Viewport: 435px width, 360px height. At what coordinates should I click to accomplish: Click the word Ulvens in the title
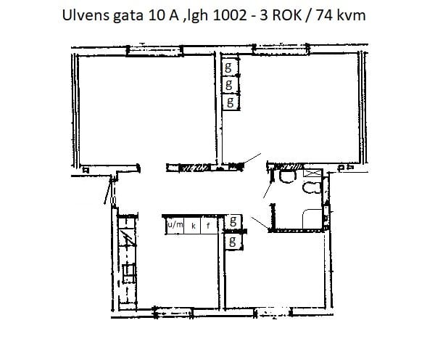86,15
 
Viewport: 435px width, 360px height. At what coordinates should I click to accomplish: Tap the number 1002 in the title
230,15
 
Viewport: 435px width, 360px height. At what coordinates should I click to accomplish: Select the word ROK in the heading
287,15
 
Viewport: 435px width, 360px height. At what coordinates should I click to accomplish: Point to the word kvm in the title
351,15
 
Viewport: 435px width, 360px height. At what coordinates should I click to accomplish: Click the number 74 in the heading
324,15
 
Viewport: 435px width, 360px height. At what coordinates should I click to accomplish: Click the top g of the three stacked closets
228,67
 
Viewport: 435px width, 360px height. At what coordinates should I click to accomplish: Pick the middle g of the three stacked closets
229,84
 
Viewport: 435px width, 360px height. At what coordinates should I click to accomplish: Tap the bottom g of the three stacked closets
230,102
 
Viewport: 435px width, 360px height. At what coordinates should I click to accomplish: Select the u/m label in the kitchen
175,224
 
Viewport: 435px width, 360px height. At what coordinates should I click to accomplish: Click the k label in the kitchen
194,226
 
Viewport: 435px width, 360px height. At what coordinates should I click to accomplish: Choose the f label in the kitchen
208,225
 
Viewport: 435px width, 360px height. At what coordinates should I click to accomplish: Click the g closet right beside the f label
233,221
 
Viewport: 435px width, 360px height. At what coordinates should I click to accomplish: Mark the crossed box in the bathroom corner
313,173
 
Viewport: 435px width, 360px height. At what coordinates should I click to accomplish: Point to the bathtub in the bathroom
312,219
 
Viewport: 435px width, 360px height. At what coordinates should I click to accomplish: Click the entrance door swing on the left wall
107,192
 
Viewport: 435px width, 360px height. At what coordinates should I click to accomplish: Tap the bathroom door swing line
268,189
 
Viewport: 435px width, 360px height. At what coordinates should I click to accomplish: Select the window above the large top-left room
154,51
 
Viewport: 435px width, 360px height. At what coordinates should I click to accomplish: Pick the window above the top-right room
281,49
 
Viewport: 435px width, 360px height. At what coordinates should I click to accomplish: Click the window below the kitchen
173,313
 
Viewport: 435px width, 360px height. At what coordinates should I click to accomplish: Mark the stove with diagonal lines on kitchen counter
128,238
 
